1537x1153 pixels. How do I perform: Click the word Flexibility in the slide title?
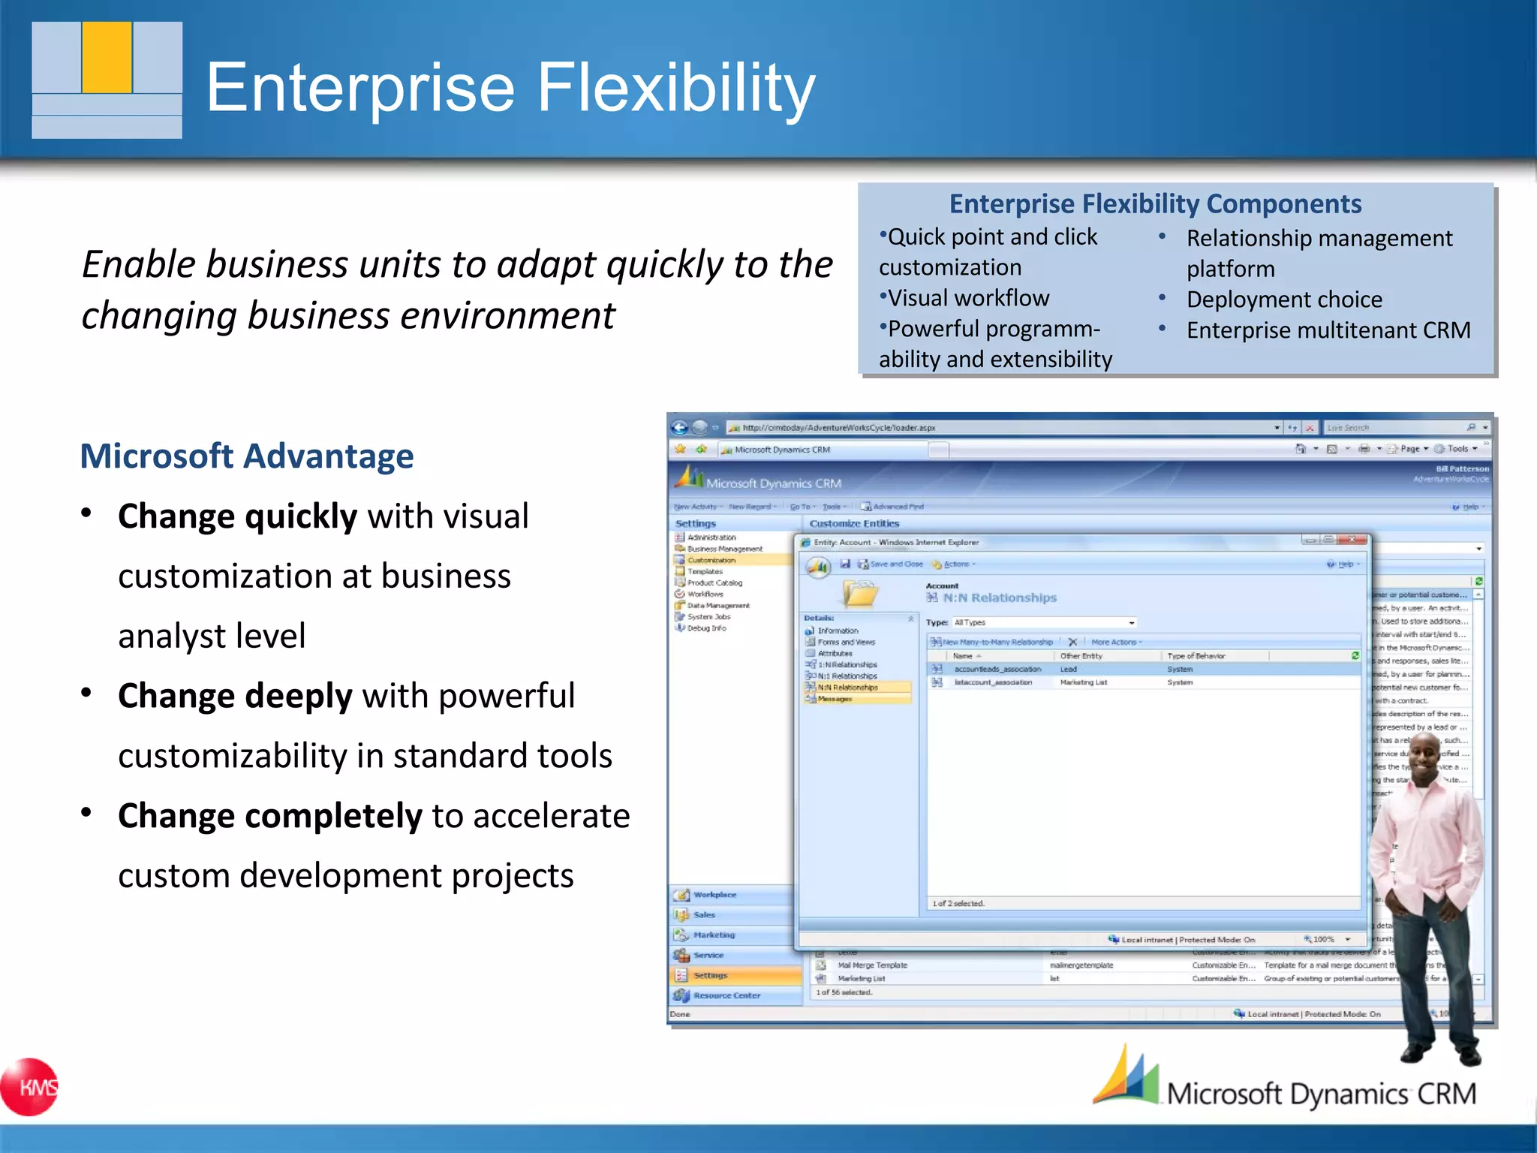[675, 88]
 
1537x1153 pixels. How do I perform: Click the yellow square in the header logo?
[107, 57]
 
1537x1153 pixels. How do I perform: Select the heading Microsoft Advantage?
[247, 456]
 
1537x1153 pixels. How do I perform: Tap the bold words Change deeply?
[235, 696]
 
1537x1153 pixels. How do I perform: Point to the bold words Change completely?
[270, 816]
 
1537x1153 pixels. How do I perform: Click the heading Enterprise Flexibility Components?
[1155, 204]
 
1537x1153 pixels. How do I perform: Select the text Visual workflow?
[968, 299]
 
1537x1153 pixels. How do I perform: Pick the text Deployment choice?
[1283, 300]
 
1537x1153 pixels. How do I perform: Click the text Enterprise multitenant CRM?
[1328, 330]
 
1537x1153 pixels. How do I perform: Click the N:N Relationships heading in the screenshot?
[999, 598]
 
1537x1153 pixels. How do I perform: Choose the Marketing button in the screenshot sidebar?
[714, 935]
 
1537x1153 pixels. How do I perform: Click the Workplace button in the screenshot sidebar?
[714, 895]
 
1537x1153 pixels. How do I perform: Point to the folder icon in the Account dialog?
[860, 594]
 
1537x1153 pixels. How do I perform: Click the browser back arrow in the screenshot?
[680, 428]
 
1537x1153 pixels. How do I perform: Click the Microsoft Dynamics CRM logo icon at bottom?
[1126, 1078]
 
